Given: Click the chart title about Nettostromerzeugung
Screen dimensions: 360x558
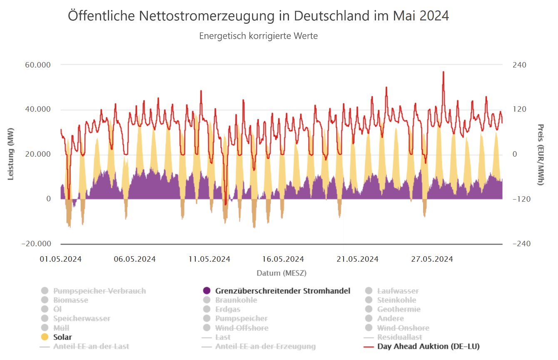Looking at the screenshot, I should click(258, 16).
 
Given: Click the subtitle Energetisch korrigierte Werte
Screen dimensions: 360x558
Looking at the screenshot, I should click(258, 36).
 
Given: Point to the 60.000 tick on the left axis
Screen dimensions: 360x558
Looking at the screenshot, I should click(38, 65).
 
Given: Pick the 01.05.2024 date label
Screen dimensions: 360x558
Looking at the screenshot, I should click(61, 259).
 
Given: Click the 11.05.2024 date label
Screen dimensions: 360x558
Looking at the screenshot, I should click(209, 259).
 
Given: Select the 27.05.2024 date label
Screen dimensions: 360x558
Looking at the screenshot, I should click(432, 259).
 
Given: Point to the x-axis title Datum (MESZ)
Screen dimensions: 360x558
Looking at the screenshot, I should click(281, 273).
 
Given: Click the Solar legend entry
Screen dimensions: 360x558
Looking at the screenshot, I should click(62, 337).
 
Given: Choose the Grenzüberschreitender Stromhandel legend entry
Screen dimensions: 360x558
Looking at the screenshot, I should click(282, 291).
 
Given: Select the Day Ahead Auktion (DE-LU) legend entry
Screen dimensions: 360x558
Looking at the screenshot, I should click(428, 346).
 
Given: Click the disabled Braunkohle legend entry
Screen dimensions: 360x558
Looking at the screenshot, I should click(236, 300).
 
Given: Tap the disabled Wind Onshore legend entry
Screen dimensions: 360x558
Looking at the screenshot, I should click(403, 328).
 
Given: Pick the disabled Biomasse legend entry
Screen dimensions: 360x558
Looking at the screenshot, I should click(70, 300).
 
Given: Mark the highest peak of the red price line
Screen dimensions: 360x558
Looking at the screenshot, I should click(443, 72).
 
